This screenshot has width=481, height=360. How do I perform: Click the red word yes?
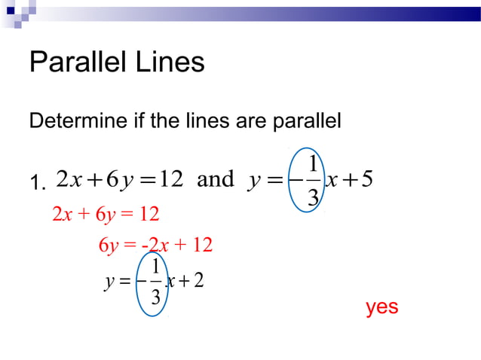click(x=381, y=307)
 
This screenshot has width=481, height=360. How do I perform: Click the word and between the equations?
click(x=216, y=179)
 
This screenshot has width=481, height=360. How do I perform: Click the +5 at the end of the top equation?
click(x=361, y=179)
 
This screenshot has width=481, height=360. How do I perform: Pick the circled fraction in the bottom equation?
click(x=155, y=281)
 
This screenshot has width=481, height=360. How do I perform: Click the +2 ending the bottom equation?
click(x=193, y=282)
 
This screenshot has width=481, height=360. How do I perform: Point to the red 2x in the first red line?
click(x=61, y=215)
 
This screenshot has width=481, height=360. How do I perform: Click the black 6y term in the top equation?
click(x=119, y=179)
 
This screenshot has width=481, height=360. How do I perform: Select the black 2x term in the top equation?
click(x=70, y=179)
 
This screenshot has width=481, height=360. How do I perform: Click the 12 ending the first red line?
click(x=149, y=215)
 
